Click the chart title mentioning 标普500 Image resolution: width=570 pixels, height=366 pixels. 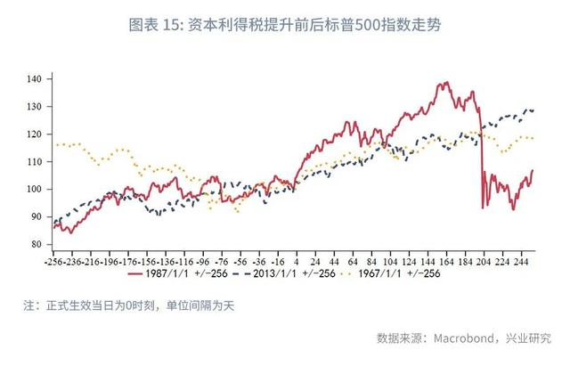click(x=284, y=26)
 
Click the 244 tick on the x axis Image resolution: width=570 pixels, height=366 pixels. click(x=520, y=263)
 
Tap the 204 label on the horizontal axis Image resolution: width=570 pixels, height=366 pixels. click(x=483, y=263)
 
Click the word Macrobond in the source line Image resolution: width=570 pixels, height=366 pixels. click(x=469, y=338)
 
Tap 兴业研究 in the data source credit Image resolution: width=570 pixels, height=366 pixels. click(x=529, y=338)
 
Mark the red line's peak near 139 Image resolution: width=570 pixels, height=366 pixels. click(x=444, y=84)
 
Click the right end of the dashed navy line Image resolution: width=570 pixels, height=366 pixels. click(x=533, y=110)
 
